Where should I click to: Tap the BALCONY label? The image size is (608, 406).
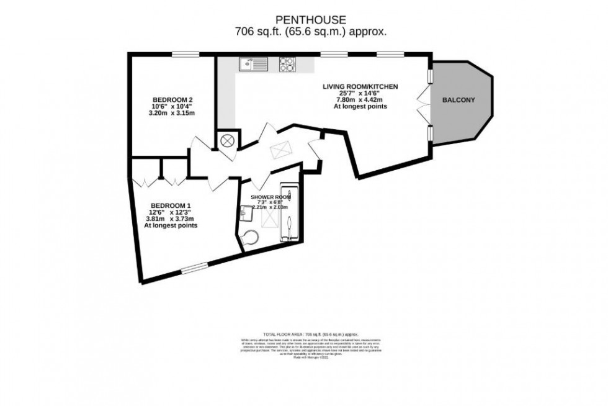click(458, 100)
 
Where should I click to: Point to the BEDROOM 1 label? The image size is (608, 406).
click(171, 205)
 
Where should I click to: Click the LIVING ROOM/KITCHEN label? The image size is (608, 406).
click(360, 86)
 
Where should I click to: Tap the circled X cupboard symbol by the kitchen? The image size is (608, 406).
click(227, 140)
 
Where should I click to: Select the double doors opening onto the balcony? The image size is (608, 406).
click(424, 104)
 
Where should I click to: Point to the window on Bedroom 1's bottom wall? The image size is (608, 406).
click(195, 268)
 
